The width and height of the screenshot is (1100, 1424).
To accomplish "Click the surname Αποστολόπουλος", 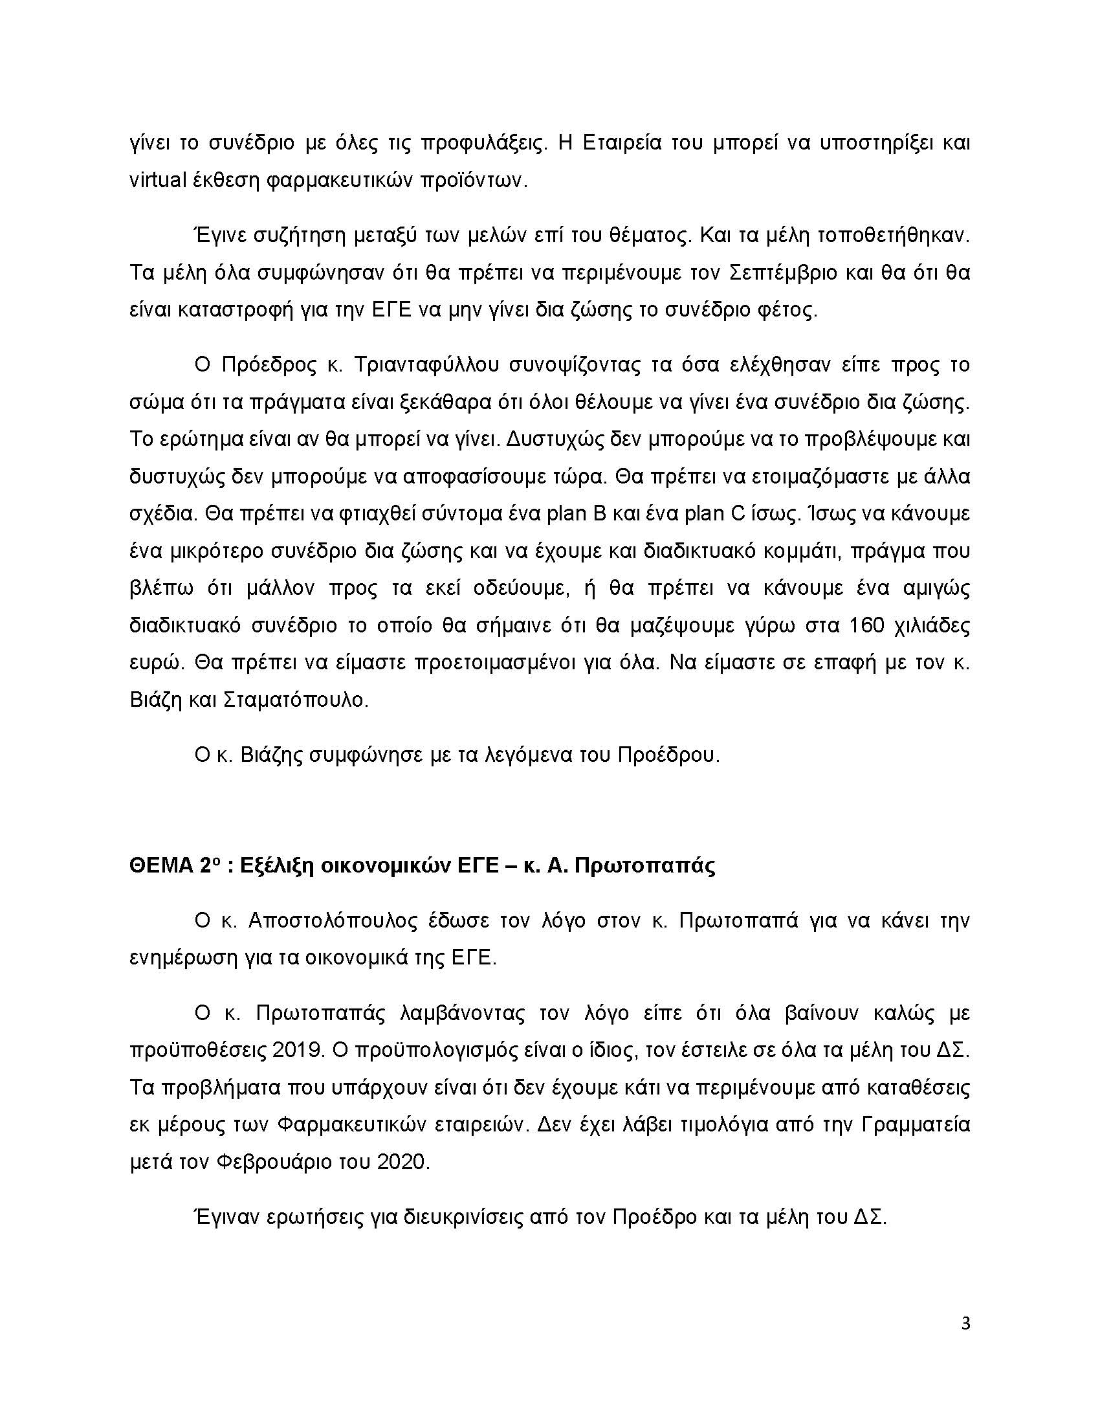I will click(x=333, y=920).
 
